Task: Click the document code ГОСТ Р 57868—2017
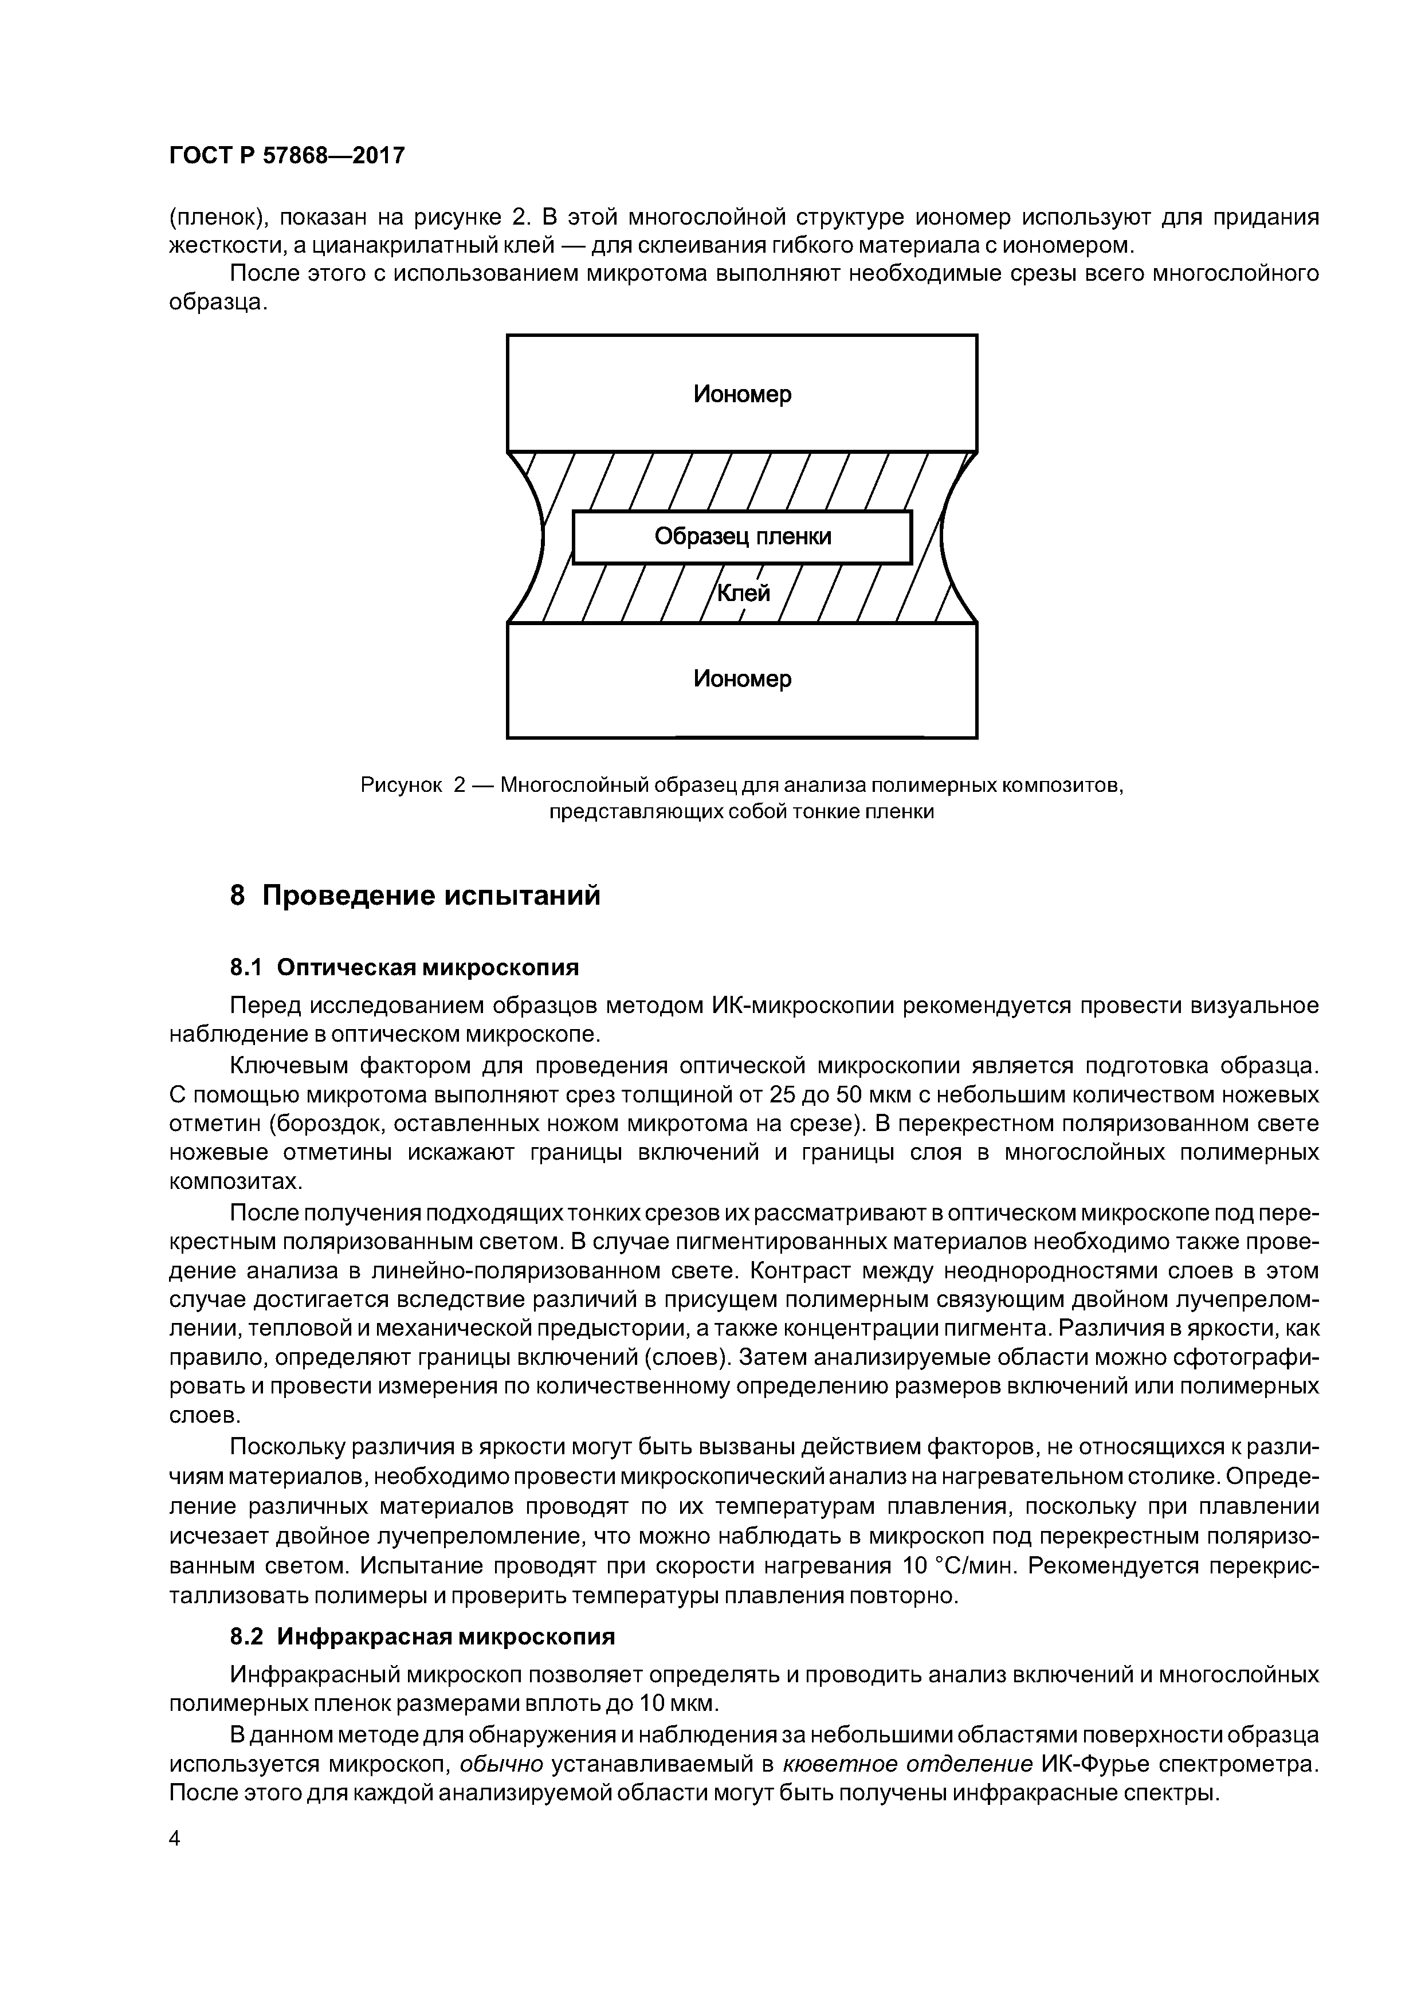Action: [286, 156]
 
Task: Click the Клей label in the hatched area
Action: [743, 594]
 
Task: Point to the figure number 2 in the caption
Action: [460, 786]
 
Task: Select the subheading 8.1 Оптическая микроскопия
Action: [405, 967]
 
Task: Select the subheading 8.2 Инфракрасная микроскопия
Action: [422, 1636]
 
